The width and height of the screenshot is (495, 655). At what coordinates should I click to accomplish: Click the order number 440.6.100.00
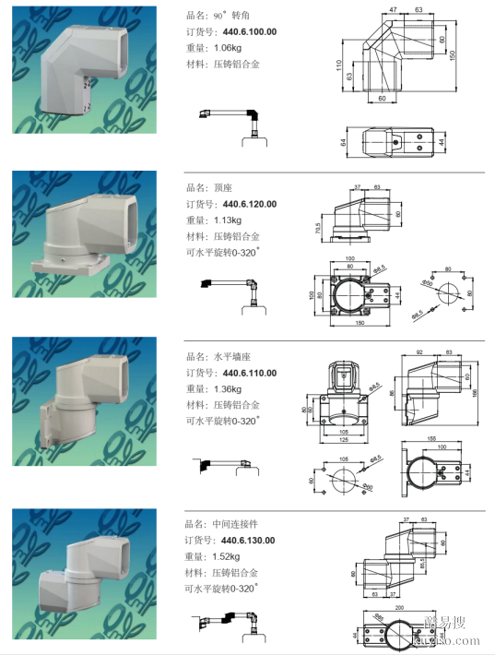pos(249,32)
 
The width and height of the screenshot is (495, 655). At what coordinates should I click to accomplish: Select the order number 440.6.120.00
pos(249,204)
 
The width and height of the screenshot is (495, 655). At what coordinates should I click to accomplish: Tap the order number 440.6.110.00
pos(249,373)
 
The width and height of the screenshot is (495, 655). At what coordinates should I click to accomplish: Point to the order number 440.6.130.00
pos(249,541)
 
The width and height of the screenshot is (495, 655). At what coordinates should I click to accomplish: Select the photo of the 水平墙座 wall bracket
pos(82,401)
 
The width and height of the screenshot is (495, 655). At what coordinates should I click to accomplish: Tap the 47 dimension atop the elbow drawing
pos(393,9)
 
